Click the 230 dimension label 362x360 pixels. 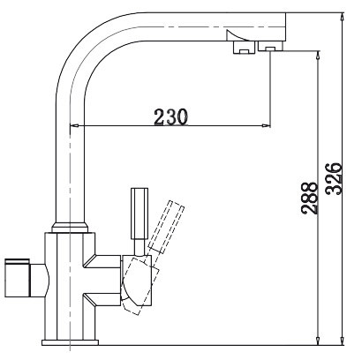click(x=171, y=115)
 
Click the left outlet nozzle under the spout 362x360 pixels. click(x=239, y=49)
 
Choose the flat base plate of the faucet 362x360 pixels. click(x=70, y=341)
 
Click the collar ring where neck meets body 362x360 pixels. click(x=69, y=230)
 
